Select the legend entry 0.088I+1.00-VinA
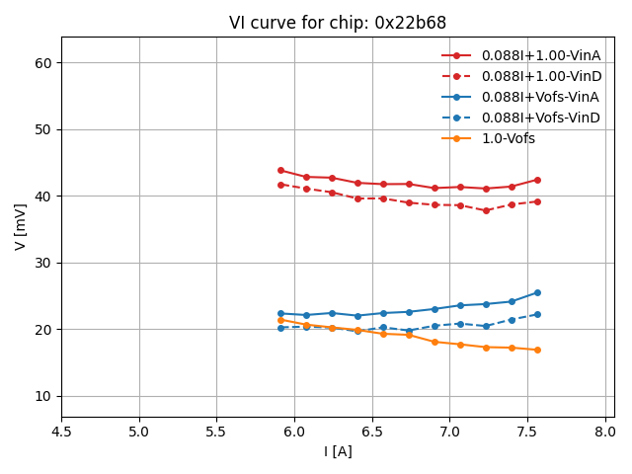540,55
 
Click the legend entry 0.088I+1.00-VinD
540,76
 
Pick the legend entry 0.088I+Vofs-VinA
540,97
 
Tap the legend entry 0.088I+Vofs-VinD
540,118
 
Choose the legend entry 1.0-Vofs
508,138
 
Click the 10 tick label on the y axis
44,396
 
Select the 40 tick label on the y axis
44,197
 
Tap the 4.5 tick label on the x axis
61,432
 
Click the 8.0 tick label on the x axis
605,432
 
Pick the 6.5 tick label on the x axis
372,432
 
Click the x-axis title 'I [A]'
338,451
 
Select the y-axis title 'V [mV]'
21,226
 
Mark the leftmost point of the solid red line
280,170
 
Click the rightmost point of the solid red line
537,180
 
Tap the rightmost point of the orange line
537,350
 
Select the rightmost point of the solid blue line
537,292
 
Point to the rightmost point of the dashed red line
537,201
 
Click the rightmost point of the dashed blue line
537,314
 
